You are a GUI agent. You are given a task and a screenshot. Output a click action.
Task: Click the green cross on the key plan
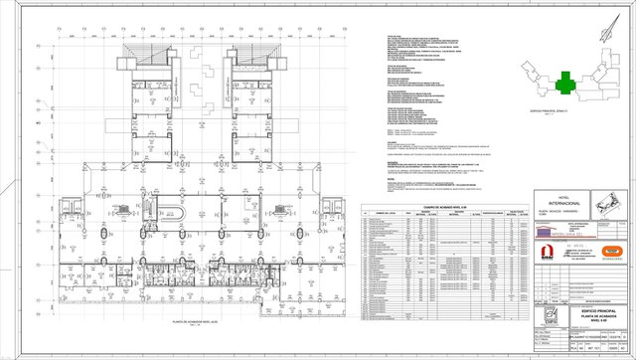565,80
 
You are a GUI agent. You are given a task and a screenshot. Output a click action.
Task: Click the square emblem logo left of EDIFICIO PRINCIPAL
550,317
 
